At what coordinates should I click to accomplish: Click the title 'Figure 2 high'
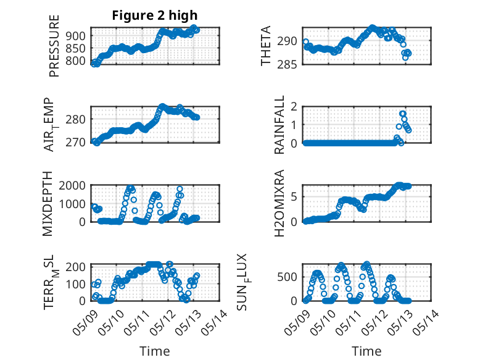tap(155, 15)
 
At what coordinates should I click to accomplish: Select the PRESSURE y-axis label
tap(54, 46)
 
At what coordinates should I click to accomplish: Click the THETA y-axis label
tap(266, 46)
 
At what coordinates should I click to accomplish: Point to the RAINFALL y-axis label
tap(279, 125)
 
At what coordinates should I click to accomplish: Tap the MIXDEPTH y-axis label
tap(48, 204)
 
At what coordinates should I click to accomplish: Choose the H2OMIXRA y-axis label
tap(279, 203)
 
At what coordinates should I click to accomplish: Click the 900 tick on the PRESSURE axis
tap(76, 36)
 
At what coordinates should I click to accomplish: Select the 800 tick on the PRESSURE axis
tap(76, 61)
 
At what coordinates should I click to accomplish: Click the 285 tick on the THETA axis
tap(287, 65)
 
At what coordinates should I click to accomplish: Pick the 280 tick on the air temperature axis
tap(76, 119)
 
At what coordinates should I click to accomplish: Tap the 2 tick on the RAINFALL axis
tap(294, 107)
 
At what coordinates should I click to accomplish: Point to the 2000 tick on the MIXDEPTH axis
tap(72, 185)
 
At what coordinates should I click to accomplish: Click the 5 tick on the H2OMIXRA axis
tap(294, 197)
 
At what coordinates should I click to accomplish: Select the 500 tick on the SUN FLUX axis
tap(287, 277)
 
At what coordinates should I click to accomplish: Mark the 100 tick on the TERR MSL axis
tap(76, 284)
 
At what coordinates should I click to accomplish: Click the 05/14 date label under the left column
tap(215, 322)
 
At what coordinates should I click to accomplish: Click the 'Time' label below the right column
tap(366, 351)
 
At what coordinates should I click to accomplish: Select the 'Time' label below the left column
tap(155, 351)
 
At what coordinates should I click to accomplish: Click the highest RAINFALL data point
tap(402, 114)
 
